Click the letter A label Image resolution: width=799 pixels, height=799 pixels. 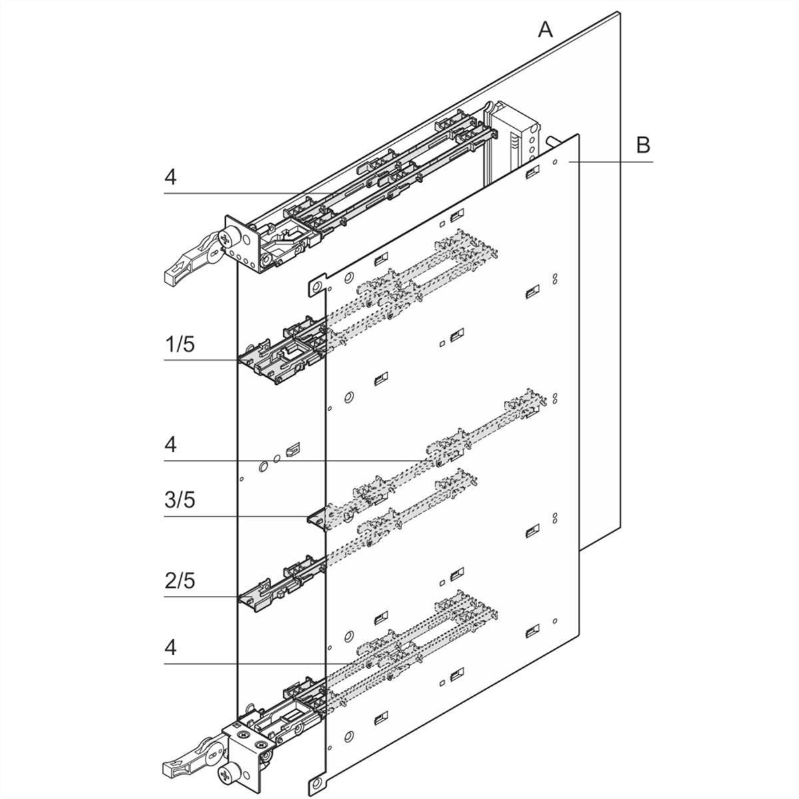click(x=546, y=29)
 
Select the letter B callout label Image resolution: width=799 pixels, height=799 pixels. click(x=643, y=144)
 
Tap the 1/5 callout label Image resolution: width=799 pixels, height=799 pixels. click(x=180, y=345)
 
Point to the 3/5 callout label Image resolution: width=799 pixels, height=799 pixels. click(x=180, y=500)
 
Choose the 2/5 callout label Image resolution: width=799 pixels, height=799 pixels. click(x=180, y=581)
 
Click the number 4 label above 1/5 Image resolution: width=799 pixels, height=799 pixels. click(x=171, y=177)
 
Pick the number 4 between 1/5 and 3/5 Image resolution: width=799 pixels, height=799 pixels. click(x=171, y=444)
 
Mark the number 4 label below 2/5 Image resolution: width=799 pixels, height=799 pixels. click(x=171, y=647)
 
